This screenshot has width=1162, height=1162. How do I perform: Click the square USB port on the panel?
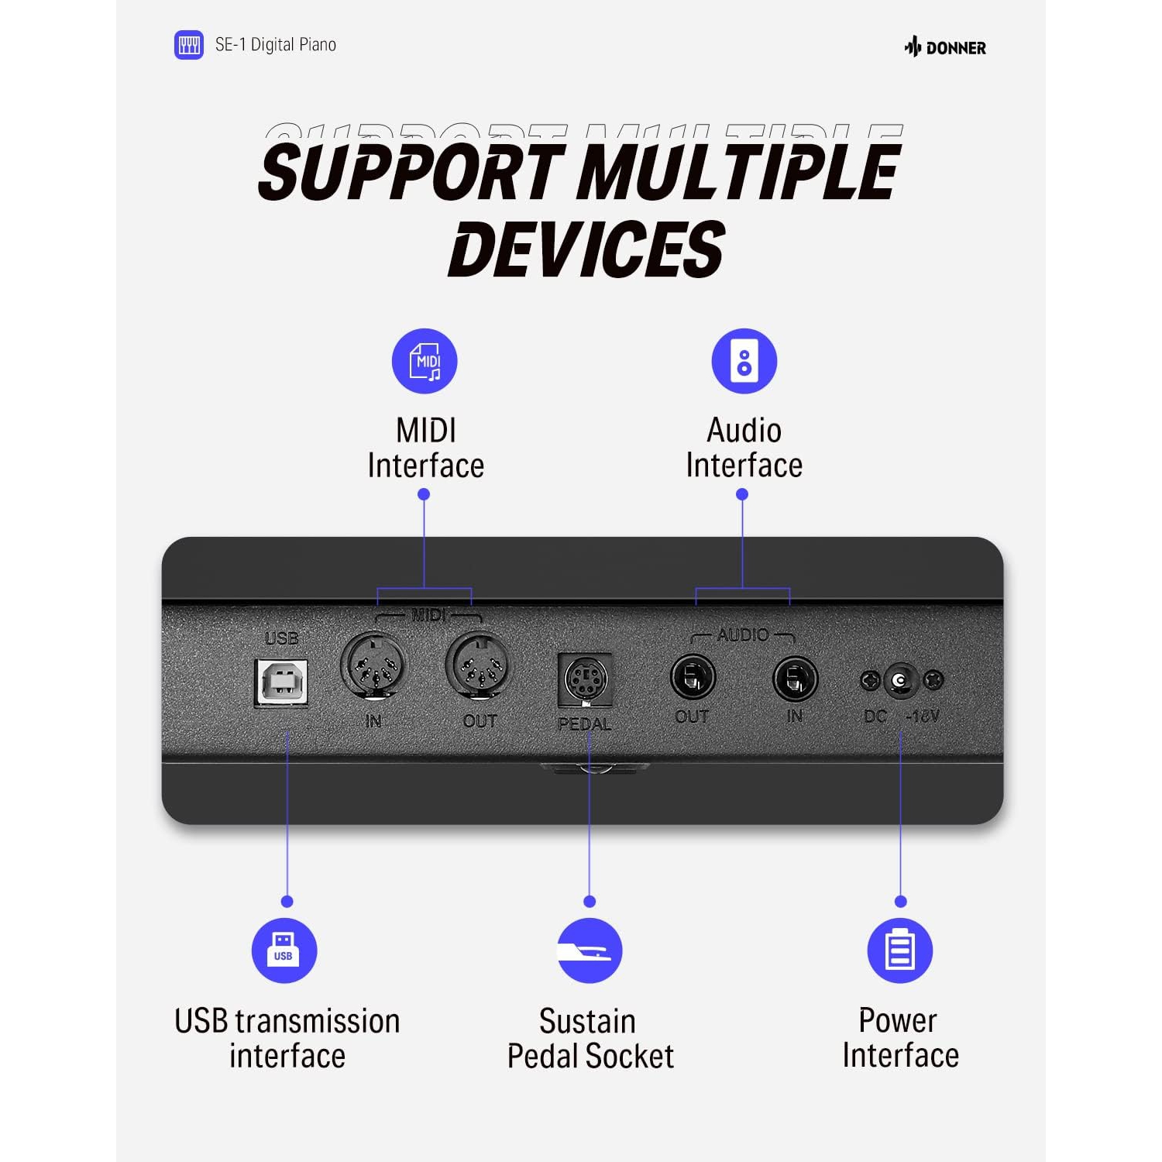pos(281,682)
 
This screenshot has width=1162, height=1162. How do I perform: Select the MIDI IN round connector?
pos(373,665)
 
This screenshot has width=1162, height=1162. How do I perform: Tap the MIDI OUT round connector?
pos(478,665)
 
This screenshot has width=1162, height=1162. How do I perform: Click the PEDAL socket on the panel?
pos(585,679)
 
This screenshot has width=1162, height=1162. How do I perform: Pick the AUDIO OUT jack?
pos(693,678)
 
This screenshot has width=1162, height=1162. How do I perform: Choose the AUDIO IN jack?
pos(796,679)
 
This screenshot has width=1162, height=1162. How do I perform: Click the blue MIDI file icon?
pos(425,361)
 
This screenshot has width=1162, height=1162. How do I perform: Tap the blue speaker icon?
pos(744,361)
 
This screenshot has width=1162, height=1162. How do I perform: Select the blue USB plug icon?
pos(284,951)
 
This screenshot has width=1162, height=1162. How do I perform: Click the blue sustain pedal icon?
pos(590,951)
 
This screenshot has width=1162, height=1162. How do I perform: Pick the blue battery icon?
pos(900,951)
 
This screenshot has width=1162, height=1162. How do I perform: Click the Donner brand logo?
pos(945,47)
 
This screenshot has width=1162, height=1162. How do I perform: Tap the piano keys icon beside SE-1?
pos(189,45)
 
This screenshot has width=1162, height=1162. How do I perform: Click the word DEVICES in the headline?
pos(586,249)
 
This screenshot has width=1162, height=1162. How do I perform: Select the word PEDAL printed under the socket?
pos(585,724)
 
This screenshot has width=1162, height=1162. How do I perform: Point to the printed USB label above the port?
pos(281,638)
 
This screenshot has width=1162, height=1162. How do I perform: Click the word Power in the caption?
pos(898,1021)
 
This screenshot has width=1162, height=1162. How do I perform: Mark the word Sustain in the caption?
pos(587,1022)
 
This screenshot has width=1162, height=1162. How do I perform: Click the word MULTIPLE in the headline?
pos(739,171)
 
